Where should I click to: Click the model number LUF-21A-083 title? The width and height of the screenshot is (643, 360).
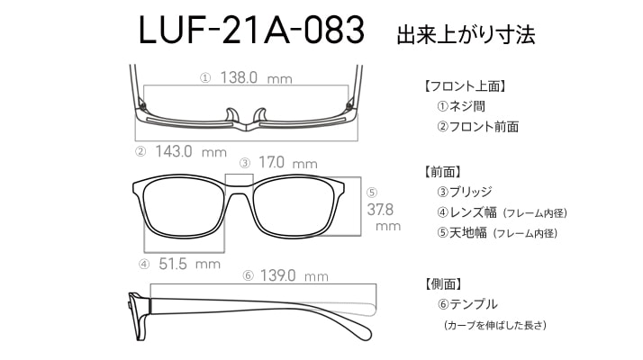251,30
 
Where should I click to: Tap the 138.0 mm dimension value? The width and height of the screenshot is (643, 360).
257,77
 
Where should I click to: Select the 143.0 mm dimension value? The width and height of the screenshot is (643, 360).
191,152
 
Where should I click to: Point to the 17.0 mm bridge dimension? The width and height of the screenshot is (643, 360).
288,162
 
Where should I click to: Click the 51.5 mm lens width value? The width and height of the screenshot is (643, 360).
189,264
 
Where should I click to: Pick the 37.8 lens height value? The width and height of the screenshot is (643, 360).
380,210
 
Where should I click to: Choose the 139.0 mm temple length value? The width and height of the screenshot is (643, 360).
294,275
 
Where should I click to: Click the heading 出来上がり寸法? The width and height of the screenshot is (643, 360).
466,35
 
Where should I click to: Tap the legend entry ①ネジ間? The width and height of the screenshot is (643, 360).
461,106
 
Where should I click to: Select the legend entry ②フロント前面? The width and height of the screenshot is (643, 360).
477,127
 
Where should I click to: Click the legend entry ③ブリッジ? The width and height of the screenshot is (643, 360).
465,192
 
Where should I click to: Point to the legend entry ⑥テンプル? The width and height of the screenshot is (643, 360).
467,304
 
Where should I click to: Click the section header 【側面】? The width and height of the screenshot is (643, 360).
444,283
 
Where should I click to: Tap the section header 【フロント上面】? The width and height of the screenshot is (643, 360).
466,86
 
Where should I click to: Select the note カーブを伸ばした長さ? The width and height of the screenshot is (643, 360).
495,326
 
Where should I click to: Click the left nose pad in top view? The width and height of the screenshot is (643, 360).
232,115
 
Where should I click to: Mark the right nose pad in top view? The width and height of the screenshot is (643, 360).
260,115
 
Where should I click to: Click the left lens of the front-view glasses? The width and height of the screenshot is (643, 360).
184,208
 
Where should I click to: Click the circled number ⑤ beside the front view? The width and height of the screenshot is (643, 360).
372,193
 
